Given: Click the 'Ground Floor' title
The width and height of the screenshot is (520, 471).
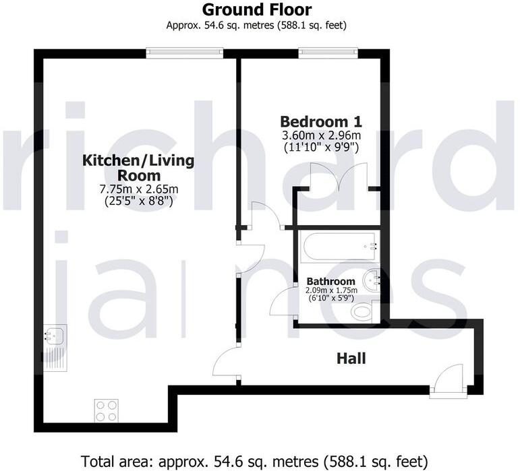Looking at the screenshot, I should pos(257,10).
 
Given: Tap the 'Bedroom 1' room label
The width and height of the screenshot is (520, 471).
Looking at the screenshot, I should pos(321,122).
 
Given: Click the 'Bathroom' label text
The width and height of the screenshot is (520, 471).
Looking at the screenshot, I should pos(330,282).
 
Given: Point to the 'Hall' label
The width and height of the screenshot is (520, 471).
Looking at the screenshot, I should pos(351,358).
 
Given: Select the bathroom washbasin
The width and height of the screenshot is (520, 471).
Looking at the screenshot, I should pos(372,279).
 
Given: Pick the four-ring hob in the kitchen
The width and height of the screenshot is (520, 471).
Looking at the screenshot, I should pos(107,411).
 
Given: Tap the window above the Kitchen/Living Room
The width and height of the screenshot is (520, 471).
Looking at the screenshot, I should pos(184,51).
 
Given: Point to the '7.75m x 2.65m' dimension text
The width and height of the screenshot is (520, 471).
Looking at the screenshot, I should pos(138,189).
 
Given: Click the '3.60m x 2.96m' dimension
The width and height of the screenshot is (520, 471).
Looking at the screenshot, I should pos(321,135).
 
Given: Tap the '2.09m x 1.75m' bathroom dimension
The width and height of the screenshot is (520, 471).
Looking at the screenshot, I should pos(330,290).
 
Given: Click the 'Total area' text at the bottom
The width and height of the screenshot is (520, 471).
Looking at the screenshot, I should pos(254,462).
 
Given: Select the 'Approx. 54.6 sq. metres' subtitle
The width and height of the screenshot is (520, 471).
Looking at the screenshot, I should pos(257,26).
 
